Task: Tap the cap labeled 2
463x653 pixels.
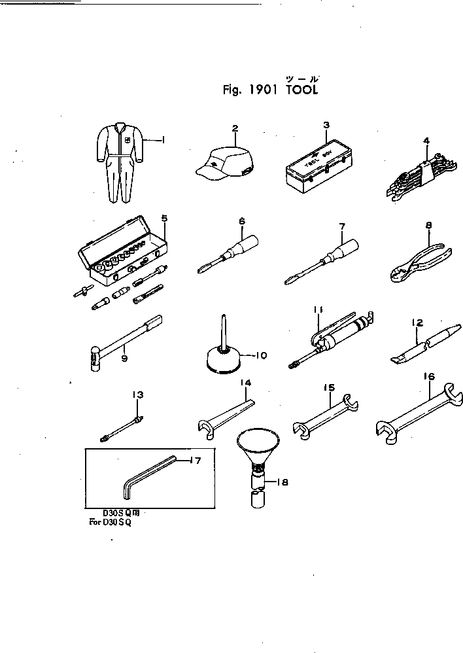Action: click(226, 164)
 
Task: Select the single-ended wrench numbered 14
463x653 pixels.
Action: click(226, 416)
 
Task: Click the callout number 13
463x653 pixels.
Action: click(137, 394)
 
